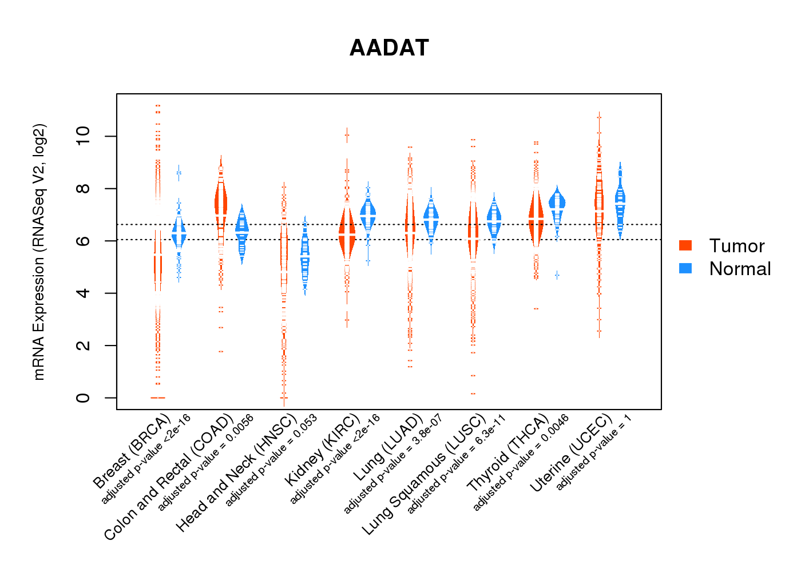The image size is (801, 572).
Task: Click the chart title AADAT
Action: coord(389,48)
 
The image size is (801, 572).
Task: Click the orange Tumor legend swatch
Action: coord(685,245)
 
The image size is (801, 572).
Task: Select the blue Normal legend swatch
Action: coord(685,268)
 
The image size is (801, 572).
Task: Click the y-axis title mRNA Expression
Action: coord(39,252)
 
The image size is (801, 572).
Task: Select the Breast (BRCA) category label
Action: coord(132,452)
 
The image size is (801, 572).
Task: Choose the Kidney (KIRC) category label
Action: coord(323,448)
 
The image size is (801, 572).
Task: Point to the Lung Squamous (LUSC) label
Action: coord(424,474)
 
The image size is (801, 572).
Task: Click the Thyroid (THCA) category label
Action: coord(508,454)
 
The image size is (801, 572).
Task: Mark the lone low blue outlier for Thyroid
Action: coord(557,275)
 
